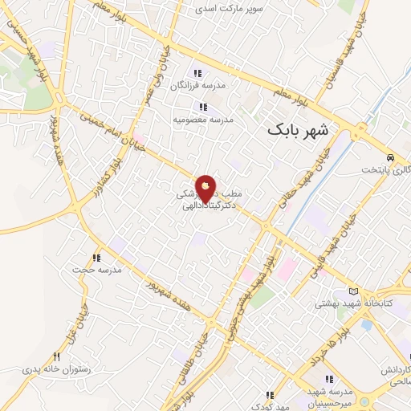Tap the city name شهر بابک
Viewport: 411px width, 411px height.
(299, 128)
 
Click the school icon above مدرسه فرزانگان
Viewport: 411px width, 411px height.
(196, 73)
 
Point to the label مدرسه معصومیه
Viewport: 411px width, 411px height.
(203, 120)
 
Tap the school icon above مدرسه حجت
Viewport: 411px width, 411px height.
(96, 258)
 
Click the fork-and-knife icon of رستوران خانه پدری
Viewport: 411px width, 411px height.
(56, 356)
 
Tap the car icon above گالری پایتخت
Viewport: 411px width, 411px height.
(390, 157)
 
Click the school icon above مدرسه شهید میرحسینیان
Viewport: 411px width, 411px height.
(328, 379)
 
